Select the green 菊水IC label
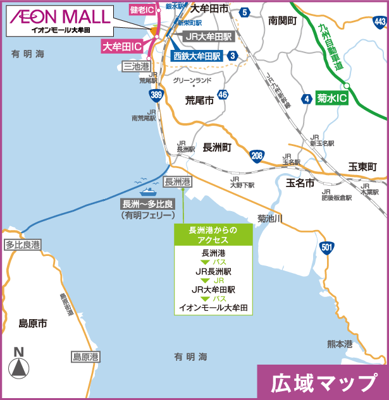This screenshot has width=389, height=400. click(333, 99)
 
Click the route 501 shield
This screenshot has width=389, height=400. click(326, 247)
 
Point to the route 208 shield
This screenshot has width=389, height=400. click(256, 156)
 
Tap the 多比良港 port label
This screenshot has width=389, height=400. click(23, 245)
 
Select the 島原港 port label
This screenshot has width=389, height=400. click(85, 356)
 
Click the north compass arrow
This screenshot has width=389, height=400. click(19, 366)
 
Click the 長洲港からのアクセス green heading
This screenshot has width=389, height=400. click(213, 235)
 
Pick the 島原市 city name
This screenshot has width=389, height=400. click(34, 323)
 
